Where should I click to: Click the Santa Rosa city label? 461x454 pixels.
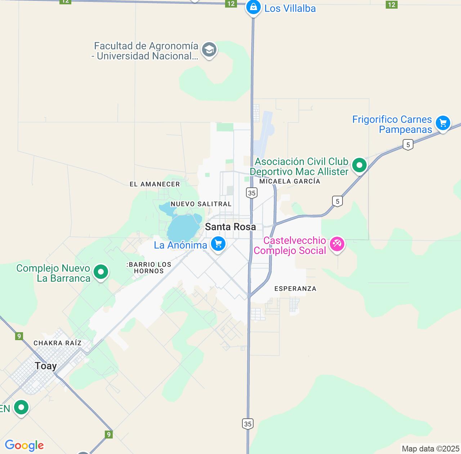click(230, 227)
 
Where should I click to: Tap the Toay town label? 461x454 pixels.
click(46, 366)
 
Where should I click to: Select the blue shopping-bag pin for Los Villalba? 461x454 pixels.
click(253, 7)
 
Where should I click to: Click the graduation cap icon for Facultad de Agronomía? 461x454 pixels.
click(209, 50)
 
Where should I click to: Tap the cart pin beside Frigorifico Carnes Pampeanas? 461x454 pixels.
click(443, 123)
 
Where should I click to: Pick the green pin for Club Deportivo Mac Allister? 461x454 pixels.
click(359, 165)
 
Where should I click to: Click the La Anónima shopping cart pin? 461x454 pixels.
click(218, 244)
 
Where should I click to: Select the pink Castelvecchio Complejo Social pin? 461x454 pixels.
click(337, 244)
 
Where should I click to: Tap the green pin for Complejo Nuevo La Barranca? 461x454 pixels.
click(101, 272)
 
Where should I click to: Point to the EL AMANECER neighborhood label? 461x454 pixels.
click(155, 184)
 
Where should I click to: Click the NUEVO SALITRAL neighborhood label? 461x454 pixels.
click(201, 204)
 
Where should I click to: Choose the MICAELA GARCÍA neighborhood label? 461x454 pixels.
click(290, 181)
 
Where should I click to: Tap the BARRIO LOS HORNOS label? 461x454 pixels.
click(149, 268)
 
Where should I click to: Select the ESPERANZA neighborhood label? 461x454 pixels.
click(295, 289)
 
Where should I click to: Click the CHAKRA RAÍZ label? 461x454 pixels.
click(58, 343)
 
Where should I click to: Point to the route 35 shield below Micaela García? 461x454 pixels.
click(252, 193)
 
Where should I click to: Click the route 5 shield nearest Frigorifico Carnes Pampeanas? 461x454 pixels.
click(408, 145)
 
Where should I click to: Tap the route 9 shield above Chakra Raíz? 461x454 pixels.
click(19, 336)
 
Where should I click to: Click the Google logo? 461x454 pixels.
click(24, 445)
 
